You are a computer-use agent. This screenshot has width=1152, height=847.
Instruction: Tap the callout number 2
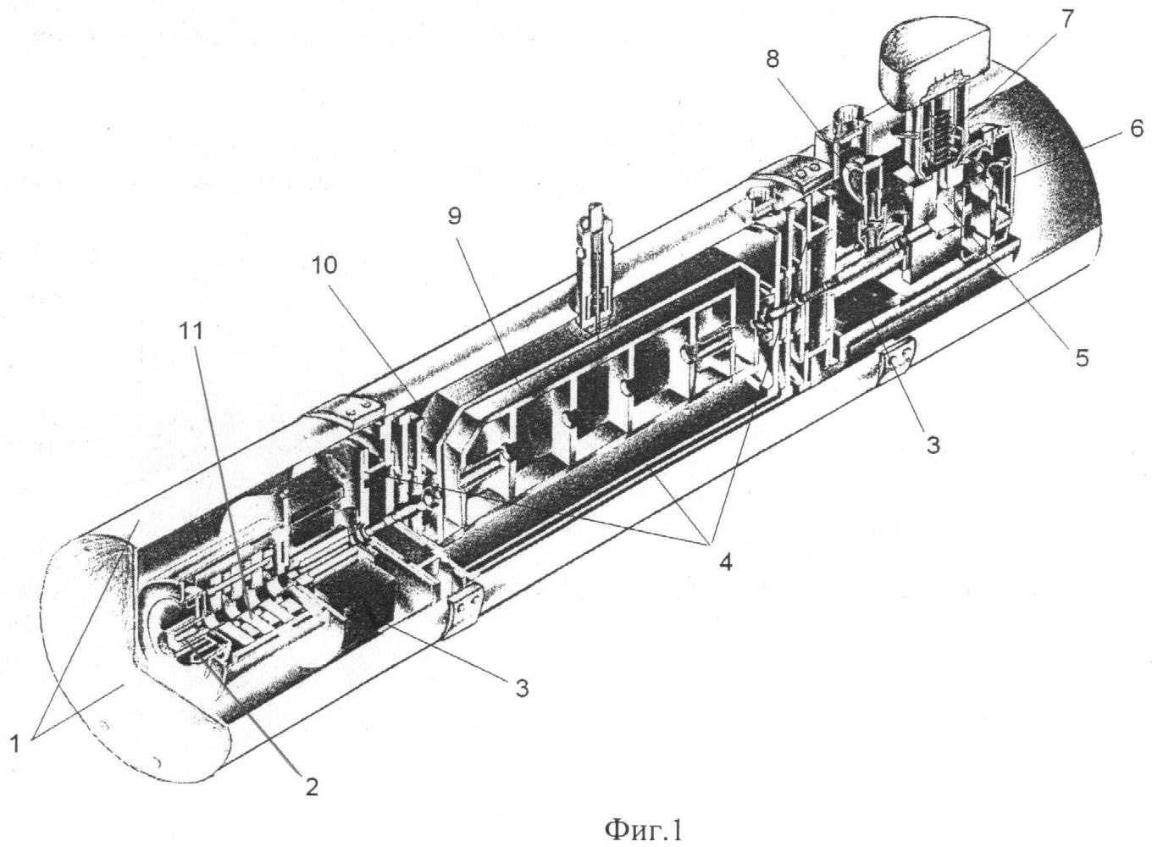point(311,787)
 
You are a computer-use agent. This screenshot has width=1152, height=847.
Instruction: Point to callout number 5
point(1082,357)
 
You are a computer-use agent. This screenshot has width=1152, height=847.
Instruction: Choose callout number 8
point(772,58)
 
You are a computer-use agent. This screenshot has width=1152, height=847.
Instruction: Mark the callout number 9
point(455,217)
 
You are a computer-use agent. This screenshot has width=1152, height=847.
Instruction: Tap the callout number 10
point(324,265)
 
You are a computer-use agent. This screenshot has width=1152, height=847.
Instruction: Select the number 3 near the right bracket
point(933,446)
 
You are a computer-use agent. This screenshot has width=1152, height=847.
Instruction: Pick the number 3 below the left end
point(522,688)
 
